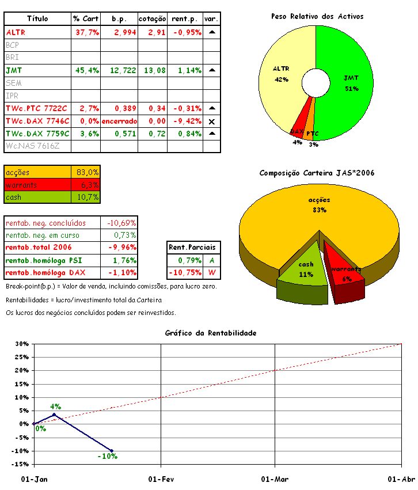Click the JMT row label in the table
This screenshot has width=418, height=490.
click(x=11, y=70)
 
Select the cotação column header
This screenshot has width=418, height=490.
click(x=153, y=19)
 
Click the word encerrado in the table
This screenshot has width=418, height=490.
click(x=119, y=121)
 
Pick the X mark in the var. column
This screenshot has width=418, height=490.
click(x=211, y=121)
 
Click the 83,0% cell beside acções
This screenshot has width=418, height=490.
click(x=88, y=172)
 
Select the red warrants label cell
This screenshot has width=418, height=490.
click(x=37, y=185)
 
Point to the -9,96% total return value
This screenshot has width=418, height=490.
click(x=121, y=248)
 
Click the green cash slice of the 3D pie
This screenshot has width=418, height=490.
click(x=304, y=271)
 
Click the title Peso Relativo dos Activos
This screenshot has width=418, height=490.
click(x=317, y=17)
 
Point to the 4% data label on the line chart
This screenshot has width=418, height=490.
click(x=55, y=406)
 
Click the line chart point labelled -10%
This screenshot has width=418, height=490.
click(x=112, y=450)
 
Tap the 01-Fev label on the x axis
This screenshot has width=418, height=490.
click(x=161, y=479)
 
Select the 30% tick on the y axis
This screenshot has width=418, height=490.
click(x=21, y=344)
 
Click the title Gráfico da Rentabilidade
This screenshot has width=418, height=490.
click(x=210, y=333)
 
